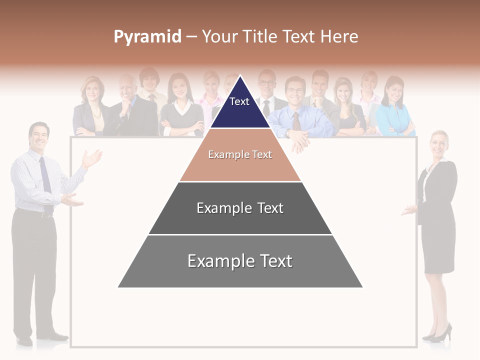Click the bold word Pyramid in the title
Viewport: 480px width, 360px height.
[147, 36]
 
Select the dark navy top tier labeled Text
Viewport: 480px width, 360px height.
[239, 107]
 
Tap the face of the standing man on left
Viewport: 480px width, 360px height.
[39, 136]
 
